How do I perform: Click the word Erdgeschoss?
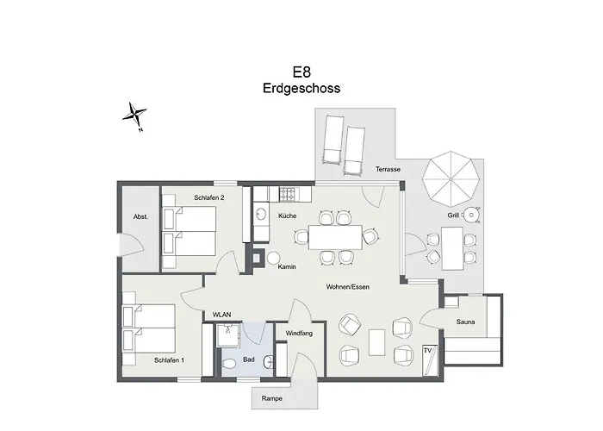pos(301,88)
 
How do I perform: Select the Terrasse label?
pos(389,170)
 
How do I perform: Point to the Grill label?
pos(452,215)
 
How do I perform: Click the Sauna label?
pos(466,322)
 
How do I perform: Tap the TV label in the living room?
pos(426,350)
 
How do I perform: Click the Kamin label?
pos(287,266)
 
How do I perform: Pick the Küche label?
pos(287,215)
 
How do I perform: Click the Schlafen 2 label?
pos(209,197)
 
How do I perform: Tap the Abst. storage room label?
pos(140,217)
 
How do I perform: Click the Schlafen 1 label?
pos(170,359)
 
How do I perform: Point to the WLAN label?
pos(222,315)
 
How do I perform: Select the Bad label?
pos(248,359)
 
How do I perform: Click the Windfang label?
pos(299,332)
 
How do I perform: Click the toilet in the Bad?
pos(228,366)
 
